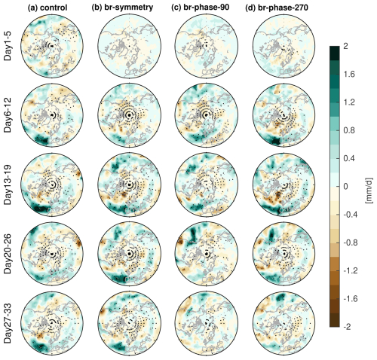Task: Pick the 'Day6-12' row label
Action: click(x=9, y=117)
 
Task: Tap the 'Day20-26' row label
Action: click(x=9, y=255)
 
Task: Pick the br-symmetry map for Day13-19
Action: click(x=128, y=185)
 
